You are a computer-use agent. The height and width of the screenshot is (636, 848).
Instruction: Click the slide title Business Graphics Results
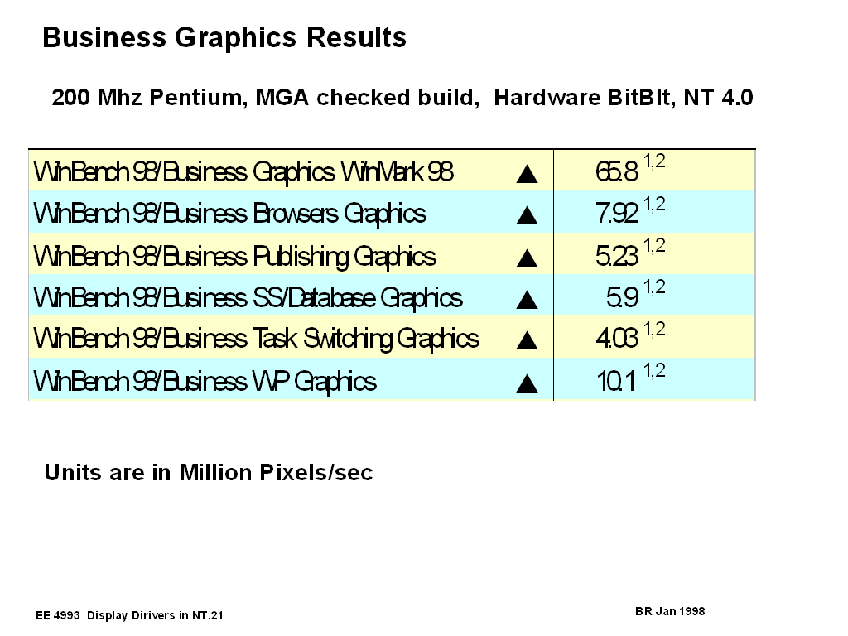[x=224, y=38]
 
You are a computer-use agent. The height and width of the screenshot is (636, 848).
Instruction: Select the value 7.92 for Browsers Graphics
[x=617, y=214]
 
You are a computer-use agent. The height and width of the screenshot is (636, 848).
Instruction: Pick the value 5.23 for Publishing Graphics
[x=617, y=257]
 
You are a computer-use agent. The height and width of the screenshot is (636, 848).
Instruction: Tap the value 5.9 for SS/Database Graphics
[x=622, y=298]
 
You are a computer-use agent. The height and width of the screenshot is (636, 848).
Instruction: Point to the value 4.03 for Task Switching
[x=617, y=340]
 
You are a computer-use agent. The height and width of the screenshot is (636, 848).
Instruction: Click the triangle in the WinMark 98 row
[x=527, y=174]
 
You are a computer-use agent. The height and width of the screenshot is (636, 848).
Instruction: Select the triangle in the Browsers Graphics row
[x=527, y=216]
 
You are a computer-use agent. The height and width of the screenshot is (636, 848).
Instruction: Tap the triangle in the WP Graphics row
[x=527, y=383]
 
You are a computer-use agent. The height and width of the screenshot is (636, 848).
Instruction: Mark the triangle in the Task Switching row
[x=527, y=341]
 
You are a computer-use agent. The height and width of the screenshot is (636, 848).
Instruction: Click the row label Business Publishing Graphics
[x=234, y=257]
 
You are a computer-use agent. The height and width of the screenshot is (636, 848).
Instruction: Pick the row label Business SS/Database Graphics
[x=248, y=298]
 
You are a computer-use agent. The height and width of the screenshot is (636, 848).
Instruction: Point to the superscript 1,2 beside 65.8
[x=654, y=162]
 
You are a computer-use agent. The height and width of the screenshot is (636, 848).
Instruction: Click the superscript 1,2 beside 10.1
[x=654, y=372]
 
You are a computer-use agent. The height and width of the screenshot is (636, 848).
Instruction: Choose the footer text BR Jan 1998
[x=670, y=611]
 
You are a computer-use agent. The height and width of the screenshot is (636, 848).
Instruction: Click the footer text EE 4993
[x=58, y=615]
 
